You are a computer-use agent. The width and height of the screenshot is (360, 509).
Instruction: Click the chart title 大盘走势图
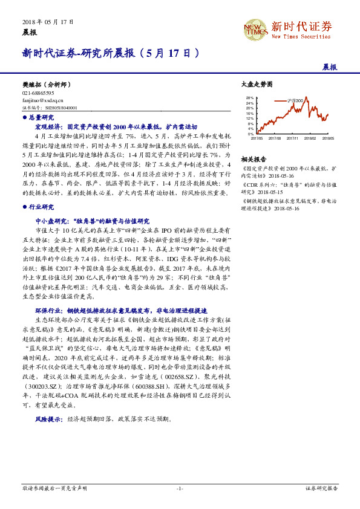pos(253,85)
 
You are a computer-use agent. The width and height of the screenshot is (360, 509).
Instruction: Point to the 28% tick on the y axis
pos(249,97)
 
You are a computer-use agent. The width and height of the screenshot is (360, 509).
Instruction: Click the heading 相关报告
pos(250,158)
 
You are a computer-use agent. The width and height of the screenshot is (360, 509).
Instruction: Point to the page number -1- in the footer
pos(180,487)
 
